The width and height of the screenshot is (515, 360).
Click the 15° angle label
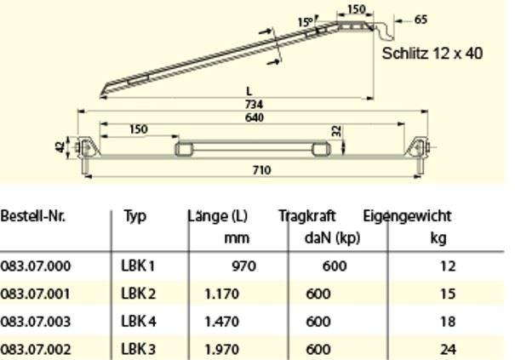(306, 22)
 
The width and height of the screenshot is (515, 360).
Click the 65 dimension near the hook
(421, 20)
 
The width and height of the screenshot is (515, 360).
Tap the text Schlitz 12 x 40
(432, 54)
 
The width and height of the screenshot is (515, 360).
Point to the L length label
(249, 91)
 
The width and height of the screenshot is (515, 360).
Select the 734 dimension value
(254, 105)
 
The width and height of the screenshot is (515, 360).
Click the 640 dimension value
(255, 117)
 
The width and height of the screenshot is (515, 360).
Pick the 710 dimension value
(262, 170)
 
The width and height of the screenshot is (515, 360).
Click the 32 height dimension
(337, 131)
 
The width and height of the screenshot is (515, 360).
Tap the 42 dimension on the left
(60, 147)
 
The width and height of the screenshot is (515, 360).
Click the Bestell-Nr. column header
(33, 216)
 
